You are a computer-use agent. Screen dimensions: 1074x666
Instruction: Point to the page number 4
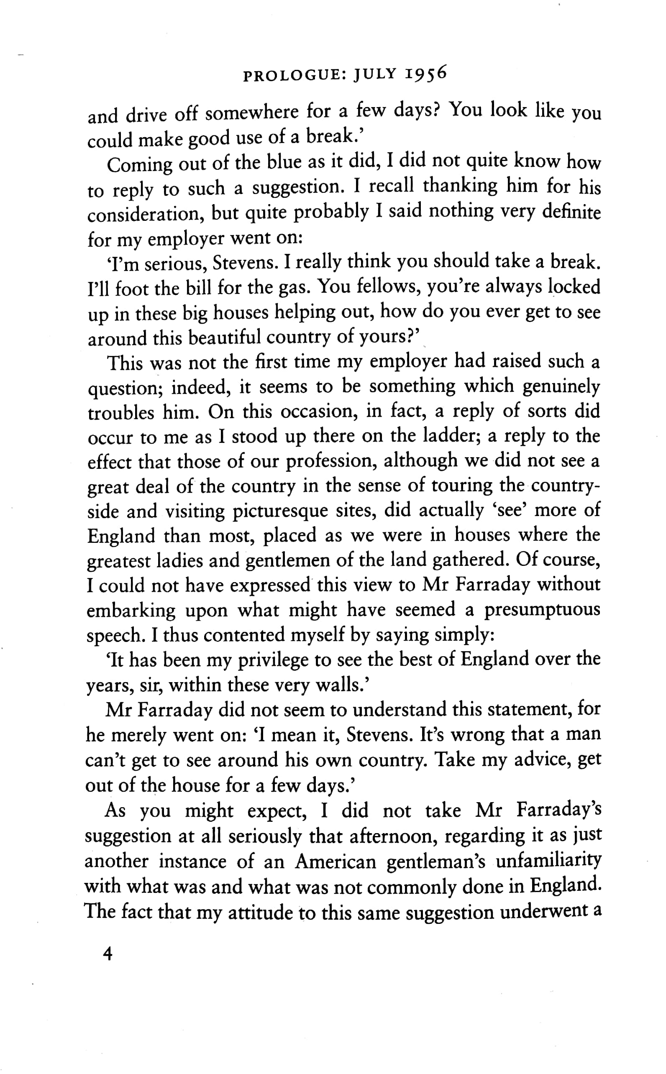(x=107, y=954)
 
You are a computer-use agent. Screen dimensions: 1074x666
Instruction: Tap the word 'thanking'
(x=460, y=186)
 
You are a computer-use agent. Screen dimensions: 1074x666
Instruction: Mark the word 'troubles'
(x=120, y=413)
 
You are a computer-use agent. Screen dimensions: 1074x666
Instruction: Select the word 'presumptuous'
(x=543, y=610)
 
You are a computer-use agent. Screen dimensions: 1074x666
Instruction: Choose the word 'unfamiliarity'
(x=548, y=860)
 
